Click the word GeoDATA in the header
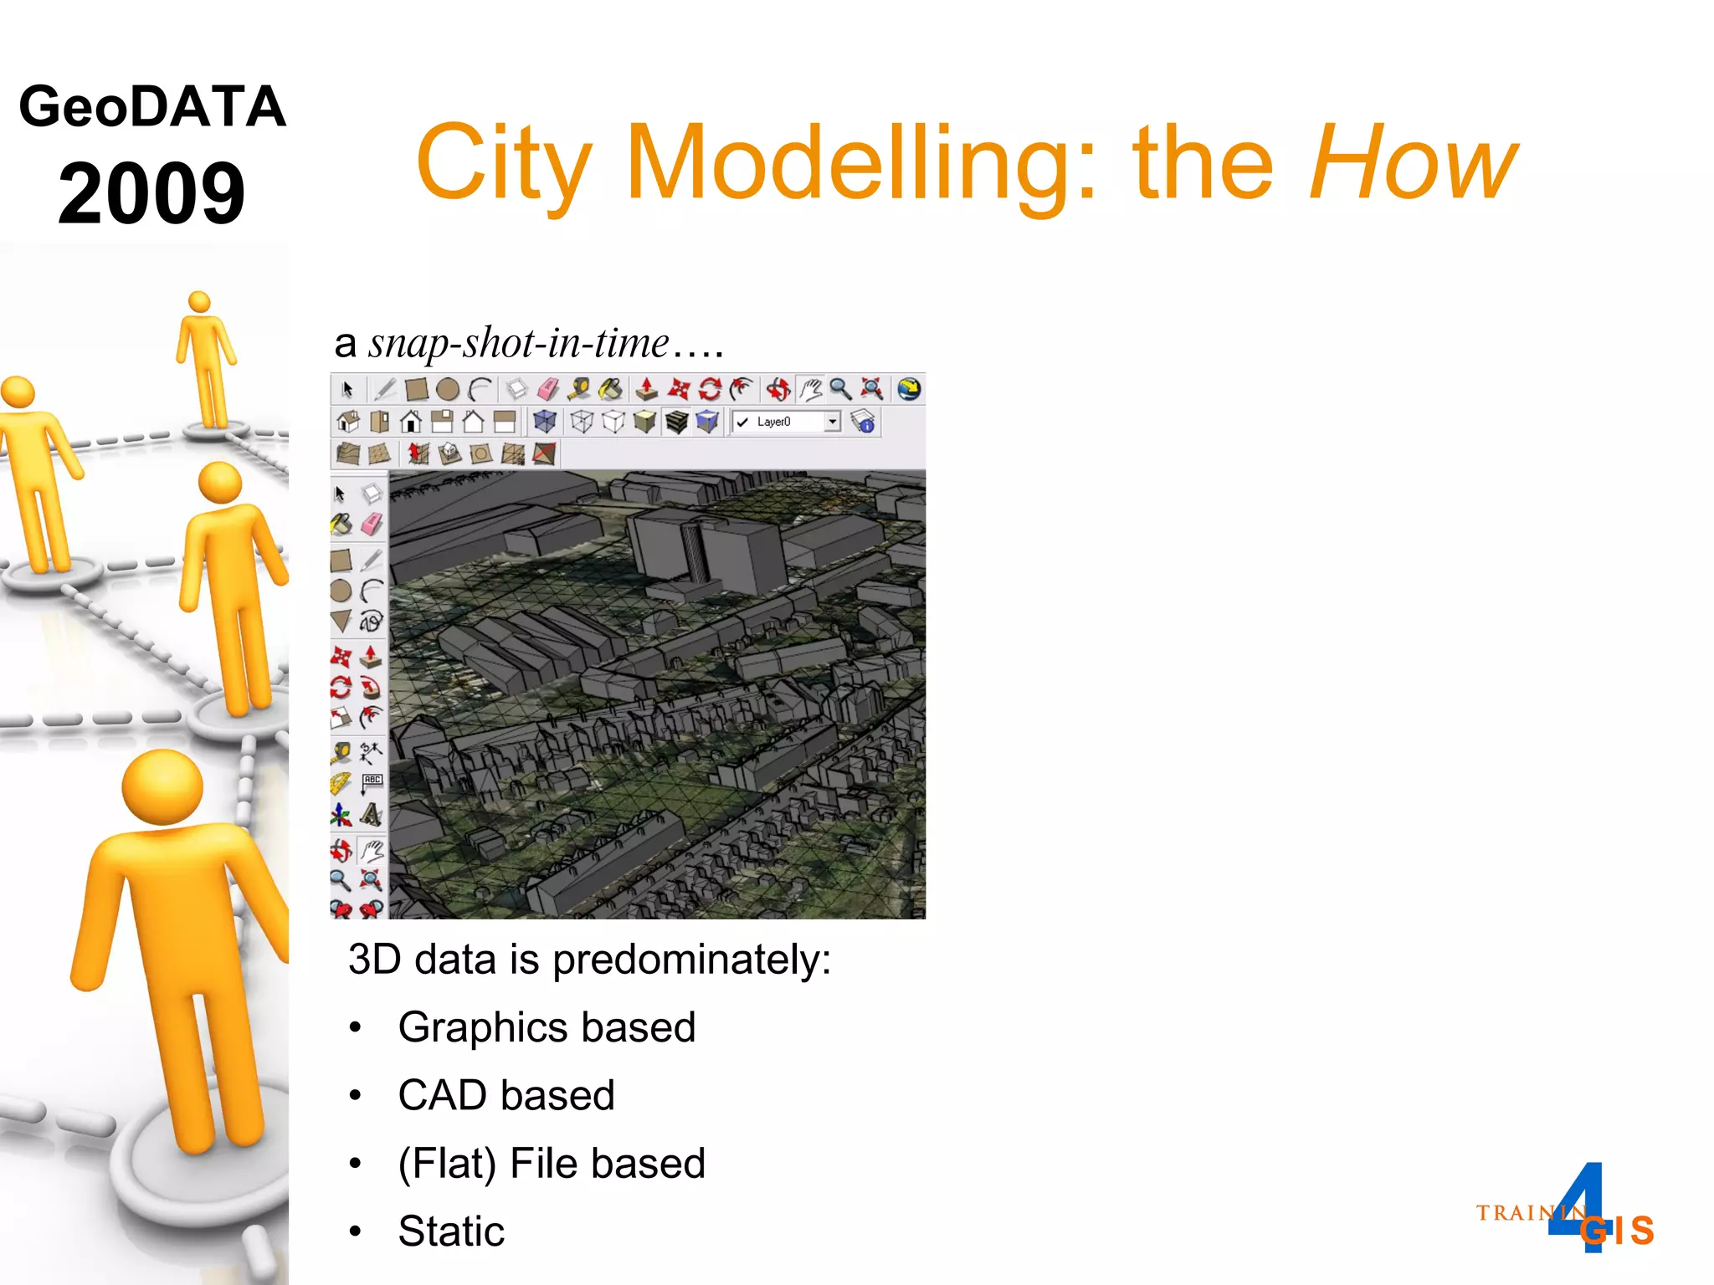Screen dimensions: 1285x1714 [152, 107]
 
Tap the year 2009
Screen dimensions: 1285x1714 [151, 194]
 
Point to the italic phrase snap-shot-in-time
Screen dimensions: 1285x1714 [519, 343]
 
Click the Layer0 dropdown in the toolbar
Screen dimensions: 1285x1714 [786, 422]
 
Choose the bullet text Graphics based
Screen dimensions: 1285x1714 [547, 1027]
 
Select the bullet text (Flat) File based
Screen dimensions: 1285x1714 [552, 1163]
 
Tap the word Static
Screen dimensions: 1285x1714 [451, 1231]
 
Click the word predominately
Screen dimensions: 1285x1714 [691, 960]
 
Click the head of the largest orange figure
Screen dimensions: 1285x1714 [162, 786]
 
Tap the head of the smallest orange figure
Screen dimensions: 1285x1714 [199, 301]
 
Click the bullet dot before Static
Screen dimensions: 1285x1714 [356, 1231]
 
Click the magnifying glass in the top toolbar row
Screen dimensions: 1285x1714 [840, 389]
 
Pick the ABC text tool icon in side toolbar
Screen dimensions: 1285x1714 [372, 781]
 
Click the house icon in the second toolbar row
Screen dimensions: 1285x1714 [410, 422]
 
